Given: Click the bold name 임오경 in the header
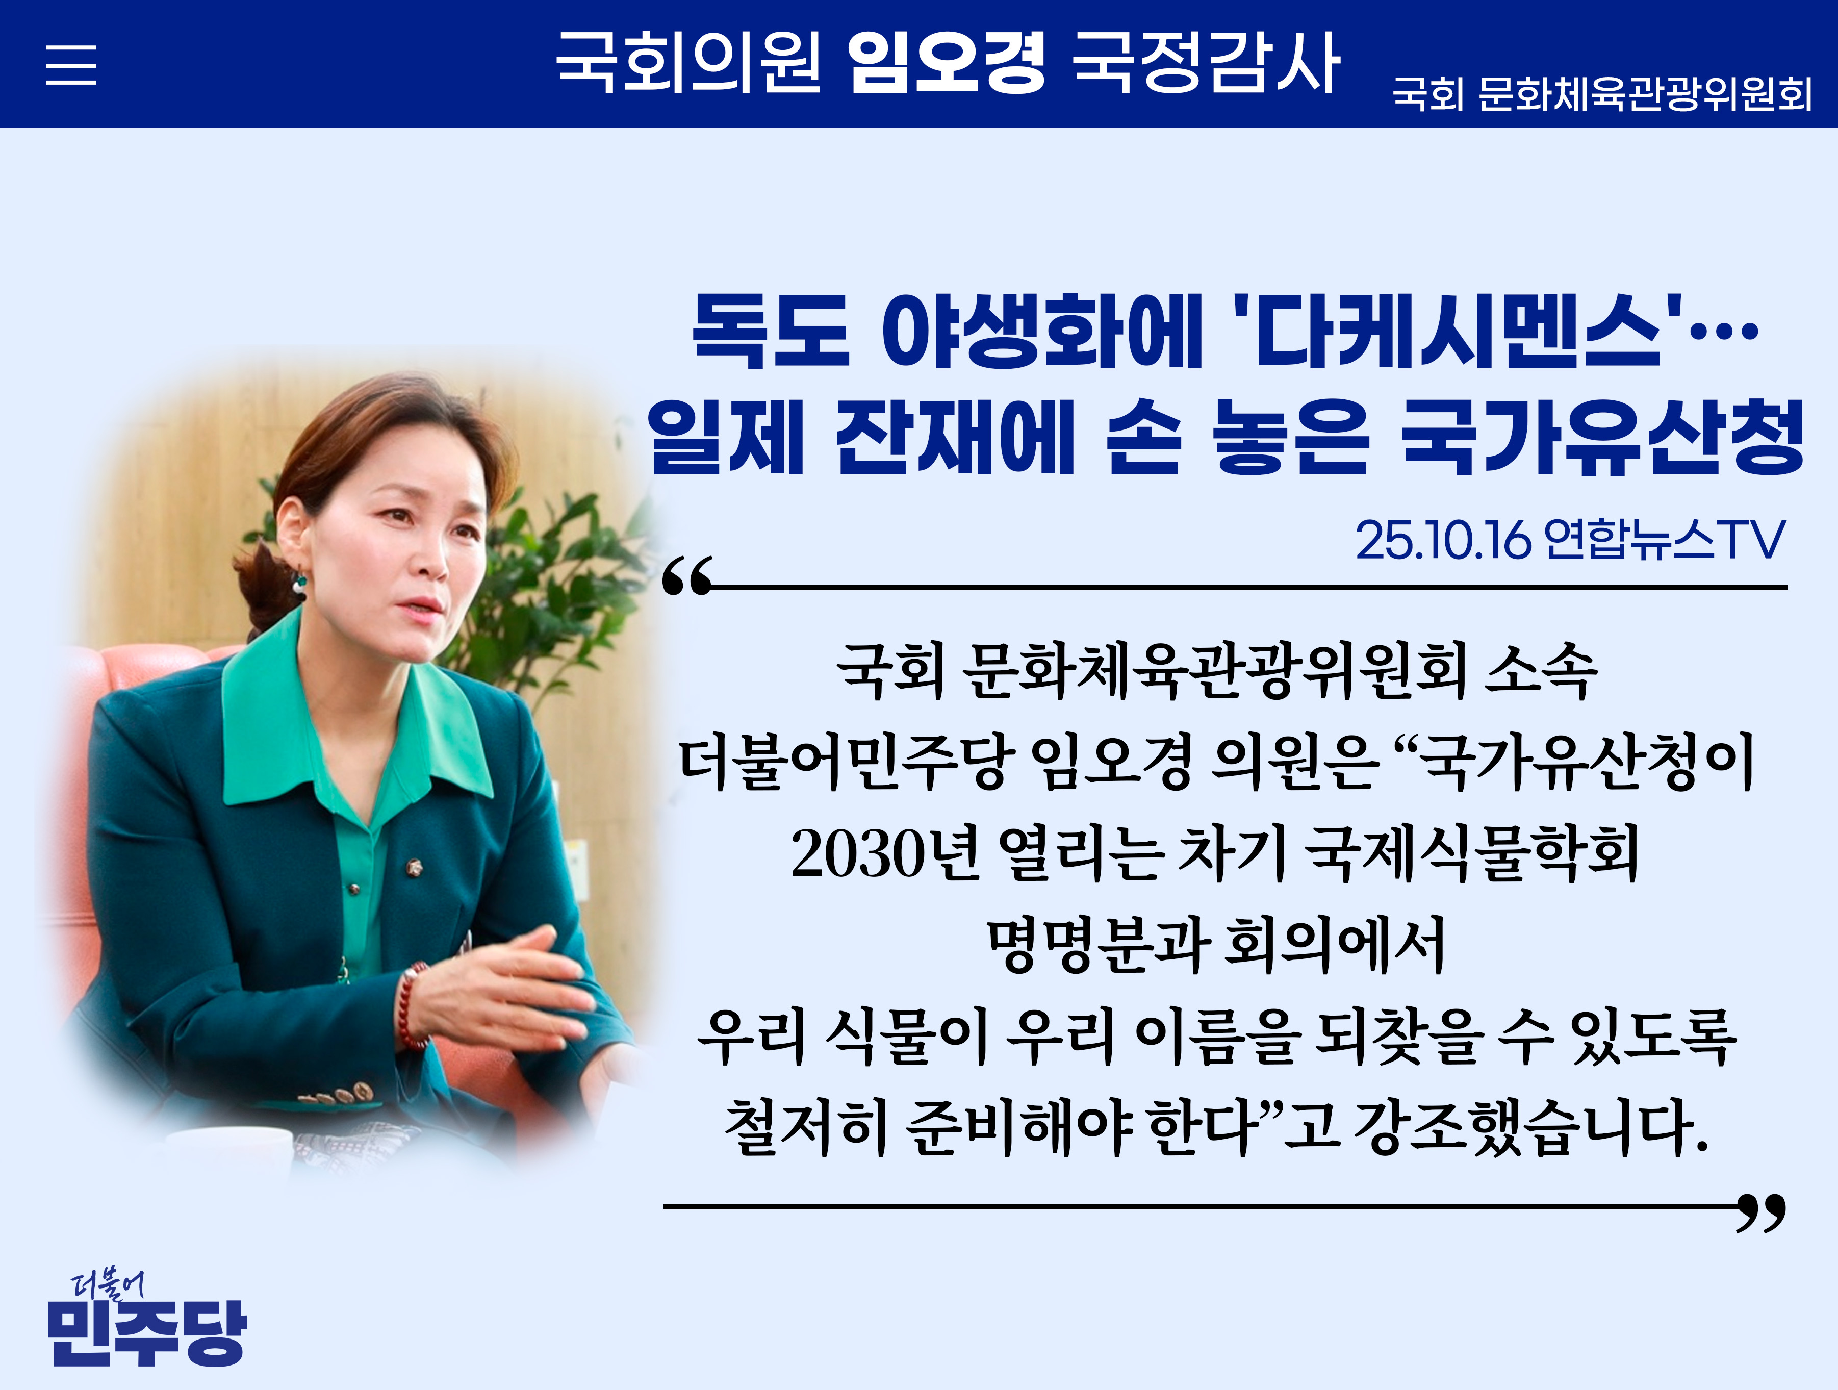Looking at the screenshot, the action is pyautogui.click(x=946, y=62).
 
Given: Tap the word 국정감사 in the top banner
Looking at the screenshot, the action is pyautogui.click(x=1205, y=62).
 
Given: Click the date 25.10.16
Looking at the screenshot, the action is pyautogui.click(x=1442, y=541).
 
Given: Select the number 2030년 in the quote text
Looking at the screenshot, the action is pyautogui.click(x=884, y=853).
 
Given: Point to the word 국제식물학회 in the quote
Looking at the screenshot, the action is pyautogui.click(x=1471, y=853).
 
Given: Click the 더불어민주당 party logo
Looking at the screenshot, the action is pyautogui.click(x=146, y=1321).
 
